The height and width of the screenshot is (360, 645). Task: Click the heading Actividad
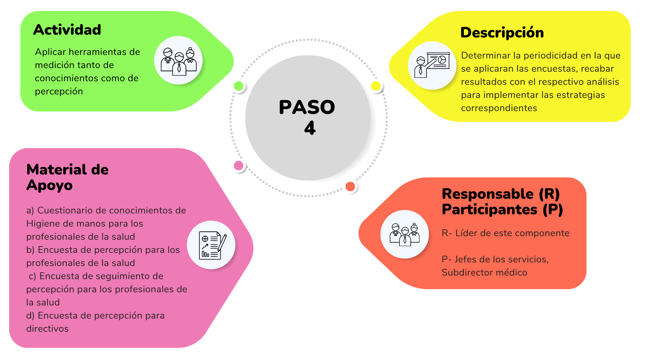click(67, 29)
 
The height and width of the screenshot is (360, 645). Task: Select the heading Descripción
click(502, 33)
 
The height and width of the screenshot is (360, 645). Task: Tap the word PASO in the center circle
click(307, 107)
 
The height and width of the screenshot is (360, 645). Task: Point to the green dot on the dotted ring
click(238, 86)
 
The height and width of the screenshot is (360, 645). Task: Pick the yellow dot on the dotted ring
click(376, 86)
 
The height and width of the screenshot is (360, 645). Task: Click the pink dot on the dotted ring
click(238, 165)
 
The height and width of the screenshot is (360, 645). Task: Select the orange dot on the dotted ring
click(350, 187)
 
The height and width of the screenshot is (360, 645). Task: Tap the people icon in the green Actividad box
click(178, 61)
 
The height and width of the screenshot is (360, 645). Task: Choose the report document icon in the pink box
click(213, 246)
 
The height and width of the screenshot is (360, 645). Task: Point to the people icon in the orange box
click(405, 234)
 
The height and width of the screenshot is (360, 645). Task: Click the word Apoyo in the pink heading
click(49, 185)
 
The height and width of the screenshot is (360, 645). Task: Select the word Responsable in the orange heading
click(488, 194)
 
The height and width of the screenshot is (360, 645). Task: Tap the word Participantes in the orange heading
click(489, 209)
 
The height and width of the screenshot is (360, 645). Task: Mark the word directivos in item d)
click(47, 329)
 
